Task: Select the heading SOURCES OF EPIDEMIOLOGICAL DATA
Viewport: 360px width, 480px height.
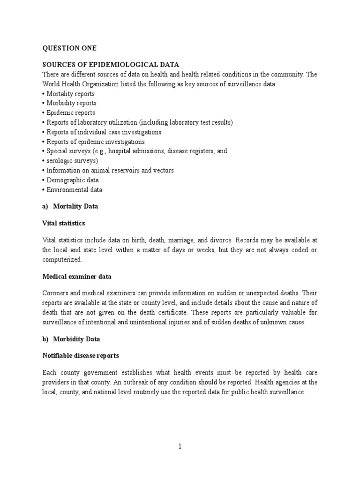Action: [111, 64]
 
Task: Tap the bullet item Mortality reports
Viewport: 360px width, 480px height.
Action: [70, 93]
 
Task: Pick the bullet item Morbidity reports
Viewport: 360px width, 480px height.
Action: [71, 103]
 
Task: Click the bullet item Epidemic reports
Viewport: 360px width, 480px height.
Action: [70, 112]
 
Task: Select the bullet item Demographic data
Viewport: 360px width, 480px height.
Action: [73, 180]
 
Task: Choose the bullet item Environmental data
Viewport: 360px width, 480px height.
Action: [74, 190]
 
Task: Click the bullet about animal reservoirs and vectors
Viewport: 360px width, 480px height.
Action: [110, 171]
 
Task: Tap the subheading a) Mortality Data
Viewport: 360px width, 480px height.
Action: [70, 206]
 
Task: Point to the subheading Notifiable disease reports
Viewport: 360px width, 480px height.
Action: [81, 356]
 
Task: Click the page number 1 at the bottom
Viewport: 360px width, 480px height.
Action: [180, 446]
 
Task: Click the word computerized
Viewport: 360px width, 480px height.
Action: [61, 259]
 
